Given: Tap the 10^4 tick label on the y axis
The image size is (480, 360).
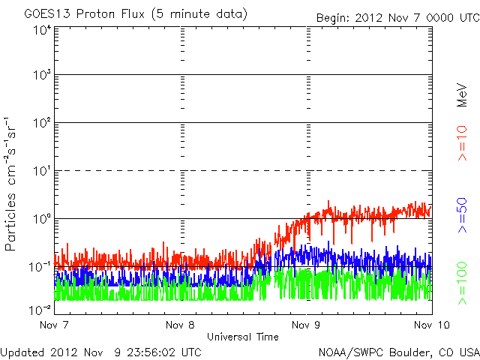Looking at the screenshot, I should pos(41,31).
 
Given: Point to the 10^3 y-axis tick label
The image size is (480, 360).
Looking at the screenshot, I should pos(41,75).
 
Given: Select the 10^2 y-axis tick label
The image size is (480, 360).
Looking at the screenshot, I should pos(41,122).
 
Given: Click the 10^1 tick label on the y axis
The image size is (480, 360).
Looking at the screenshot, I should pos(41,170).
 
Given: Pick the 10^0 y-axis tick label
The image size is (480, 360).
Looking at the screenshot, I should pos(41,218).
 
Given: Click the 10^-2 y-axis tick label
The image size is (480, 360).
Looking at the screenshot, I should pos(40,309).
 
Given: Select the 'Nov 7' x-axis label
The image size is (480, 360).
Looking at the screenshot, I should pos(55,325).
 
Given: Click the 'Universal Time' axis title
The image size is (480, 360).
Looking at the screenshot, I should pos(243,337).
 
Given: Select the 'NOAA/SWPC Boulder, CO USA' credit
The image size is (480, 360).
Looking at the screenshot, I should pos(398,351).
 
